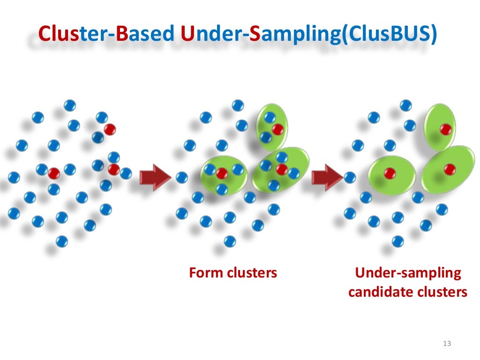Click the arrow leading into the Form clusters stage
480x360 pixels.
pyautogui.click(x=155, y=177)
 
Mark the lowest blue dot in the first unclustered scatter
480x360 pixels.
pyautogui.click(x=61, y=241)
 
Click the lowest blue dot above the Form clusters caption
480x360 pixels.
pyautogui.click(x=229, y=241)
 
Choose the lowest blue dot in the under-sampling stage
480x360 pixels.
pyautogui.click(x=397, y=241)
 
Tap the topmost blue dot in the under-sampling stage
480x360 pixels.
pyautogui.click(x=406, y=105)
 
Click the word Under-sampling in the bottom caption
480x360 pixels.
pyautogui.click(x=408, y=273)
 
